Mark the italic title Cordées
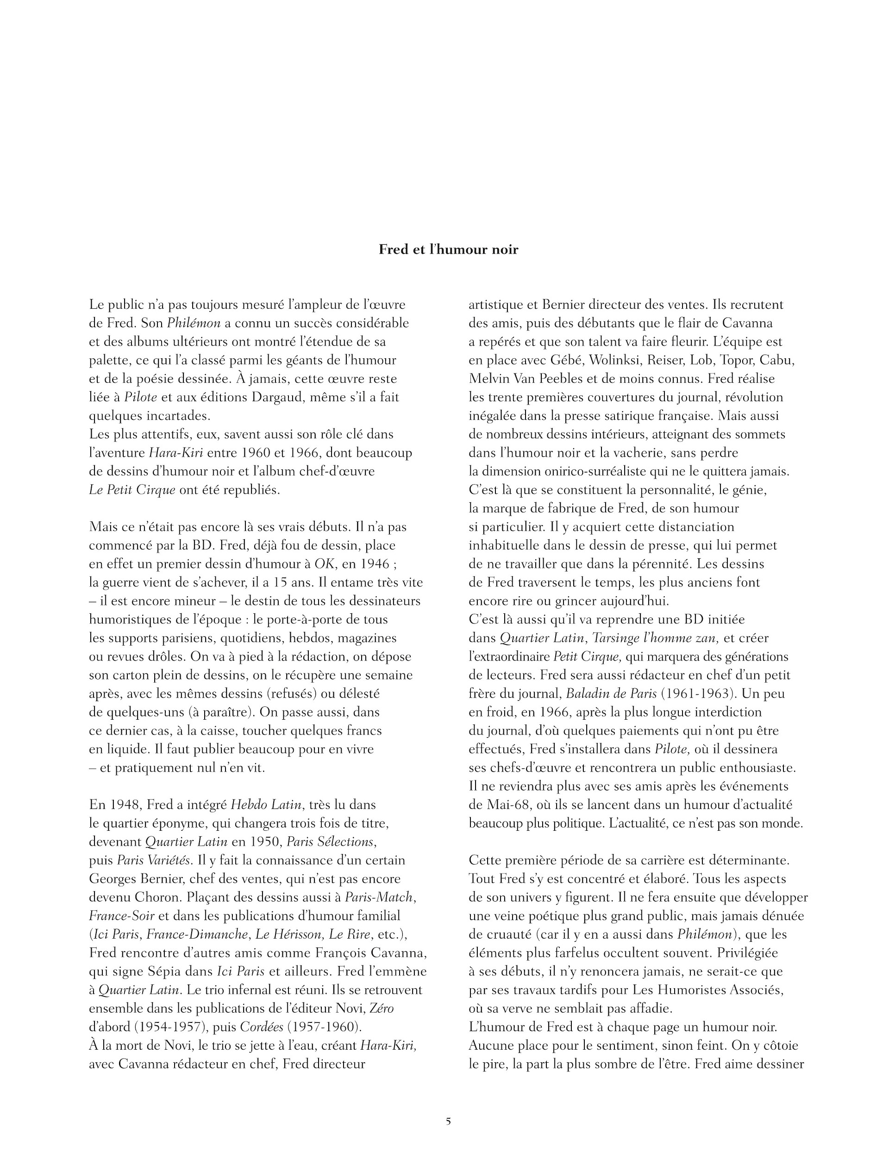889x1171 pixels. click(261, 1027)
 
